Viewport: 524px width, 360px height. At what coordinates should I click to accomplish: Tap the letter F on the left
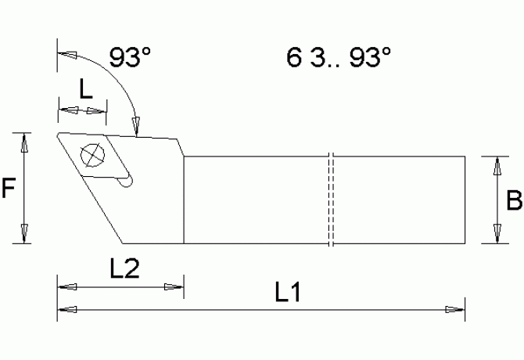pyautogui.click(x=9, y=189)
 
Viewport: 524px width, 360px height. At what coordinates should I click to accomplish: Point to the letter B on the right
pyautogui.click(x=514, y=201)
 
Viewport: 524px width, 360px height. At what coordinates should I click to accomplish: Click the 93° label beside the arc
pyautogui.click(x=130, y=57)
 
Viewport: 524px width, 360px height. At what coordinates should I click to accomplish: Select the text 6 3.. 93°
pyautogui.click(x=338, y=57)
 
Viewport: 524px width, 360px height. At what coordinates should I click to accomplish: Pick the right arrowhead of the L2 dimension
pyautogui.click(x=174, y=286)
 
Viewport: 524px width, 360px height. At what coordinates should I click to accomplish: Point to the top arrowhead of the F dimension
pyautogui.click(x=26, y=142)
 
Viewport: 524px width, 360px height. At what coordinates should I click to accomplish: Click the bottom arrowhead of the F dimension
pyautogui.click(x=26, y=233)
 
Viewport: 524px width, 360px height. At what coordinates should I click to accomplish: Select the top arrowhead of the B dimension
pyautogui.click(x=495, y=166)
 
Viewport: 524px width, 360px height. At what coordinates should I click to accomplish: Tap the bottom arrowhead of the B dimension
pyautogui.click(x=495, y=233)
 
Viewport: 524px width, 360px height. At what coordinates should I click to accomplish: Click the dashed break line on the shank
pyautogui.click(x=332, y=200)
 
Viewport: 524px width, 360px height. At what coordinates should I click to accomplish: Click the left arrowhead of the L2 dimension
pyautogui.click(x=66, y=286)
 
